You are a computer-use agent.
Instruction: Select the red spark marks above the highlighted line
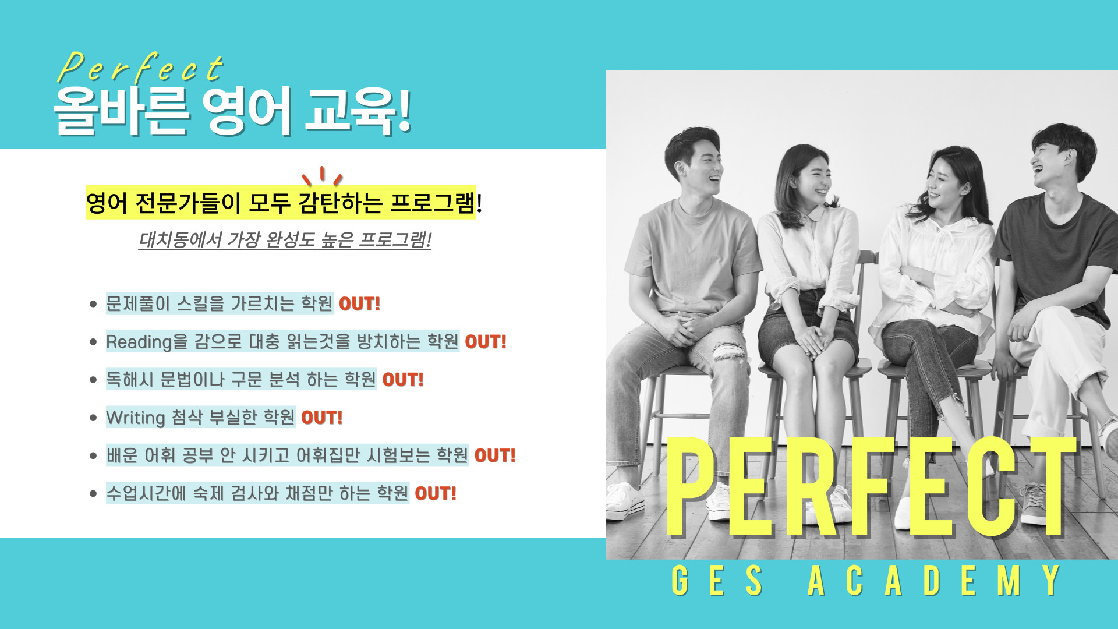tap(322, 175)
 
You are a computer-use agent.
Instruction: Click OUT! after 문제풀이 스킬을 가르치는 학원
tap(359, 303)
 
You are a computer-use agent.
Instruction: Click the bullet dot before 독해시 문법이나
tap(93, 380)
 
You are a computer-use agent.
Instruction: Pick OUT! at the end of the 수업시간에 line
tap(436, 493)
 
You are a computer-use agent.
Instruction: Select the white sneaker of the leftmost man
tap(625, 502)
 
